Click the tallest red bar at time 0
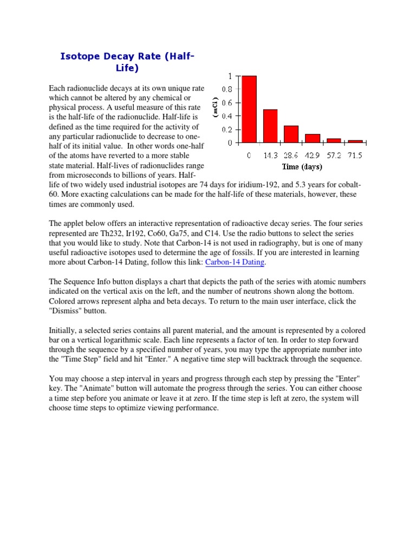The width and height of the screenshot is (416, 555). (x=249, y=109)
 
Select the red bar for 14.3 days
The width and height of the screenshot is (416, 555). (x=270, y=126)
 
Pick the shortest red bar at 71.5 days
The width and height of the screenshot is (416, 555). (x=355, y=141)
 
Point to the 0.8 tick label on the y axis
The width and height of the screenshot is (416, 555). (x=226, y=89)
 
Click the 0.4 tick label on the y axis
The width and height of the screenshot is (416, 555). (x=226, y=116)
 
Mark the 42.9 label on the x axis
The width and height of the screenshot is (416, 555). (x=312, y=156)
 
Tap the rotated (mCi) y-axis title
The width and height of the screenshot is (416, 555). (x=215, y=108)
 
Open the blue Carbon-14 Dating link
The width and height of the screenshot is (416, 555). (x=235, y=262)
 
